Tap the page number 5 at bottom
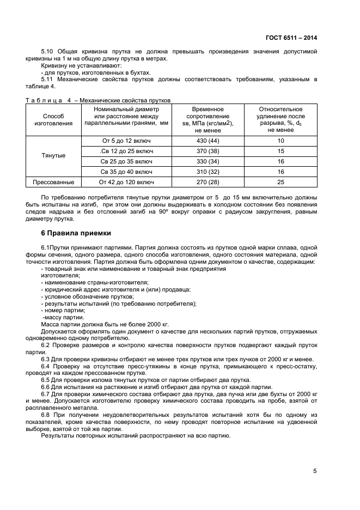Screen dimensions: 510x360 (315, 471)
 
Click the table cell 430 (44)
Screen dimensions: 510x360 (203, 141)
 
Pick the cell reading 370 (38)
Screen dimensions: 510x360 (203, 151)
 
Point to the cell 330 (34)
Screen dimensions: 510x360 (203, 161)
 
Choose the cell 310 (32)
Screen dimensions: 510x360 (203, 172)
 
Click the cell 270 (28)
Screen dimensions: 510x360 (203, 182)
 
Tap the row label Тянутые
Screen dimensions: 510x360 (53, 156)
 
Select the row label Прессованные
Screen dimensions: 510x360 (53, 182)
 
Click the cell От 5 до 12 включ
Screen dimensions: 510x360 (127, 141)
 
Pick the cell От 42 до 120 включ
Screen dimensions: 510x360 (127, 182)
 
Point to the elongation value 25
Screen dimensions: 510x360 (280, 182)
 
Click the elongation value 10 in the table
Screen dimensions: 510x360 (280, 141)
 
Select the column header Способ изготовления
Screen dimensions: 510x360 (53, 120)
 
